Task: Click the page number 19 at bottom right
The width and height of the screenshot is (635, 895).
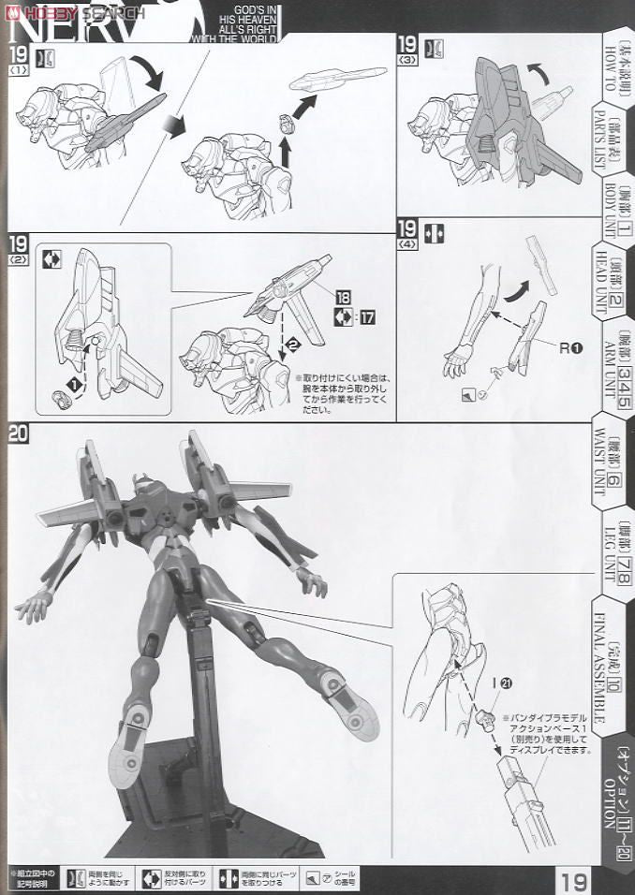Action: pos(575,881)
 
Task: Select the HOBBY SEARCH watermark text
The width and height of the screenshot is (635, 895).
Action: pos(79,11)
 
